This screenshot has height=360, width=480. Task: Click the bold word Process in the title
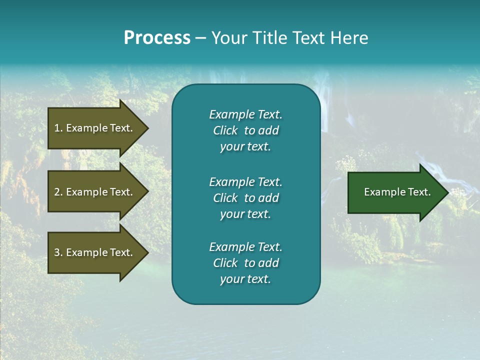pyautogui.click(x=157, y=38)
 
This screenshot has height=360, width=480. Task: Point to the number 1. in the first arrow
pyautogui.click(x=58, y=128)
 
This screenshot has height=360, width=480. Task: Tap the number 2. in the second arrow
pyautogui.click(x=58, y=192)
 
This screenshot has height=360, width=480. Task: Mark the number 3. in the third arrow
pyautogui.click(x=58, y=252)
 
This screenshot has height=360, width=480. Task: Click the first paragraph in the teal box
pyautogui.click(x=245, y=130)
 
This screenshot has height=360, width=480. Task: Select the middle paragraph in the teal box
pyautogui.click(x=245, y=197)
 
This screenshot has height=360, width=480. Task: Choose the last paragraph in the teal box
pyautogui.click(x=245, y=263)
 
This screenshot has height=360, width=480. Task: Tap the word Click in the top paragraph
pyautogui.click(x=225, y=130)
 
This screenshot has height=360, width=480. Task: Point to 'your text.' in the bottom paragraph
pyautogui.click(x=245, y=279)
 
